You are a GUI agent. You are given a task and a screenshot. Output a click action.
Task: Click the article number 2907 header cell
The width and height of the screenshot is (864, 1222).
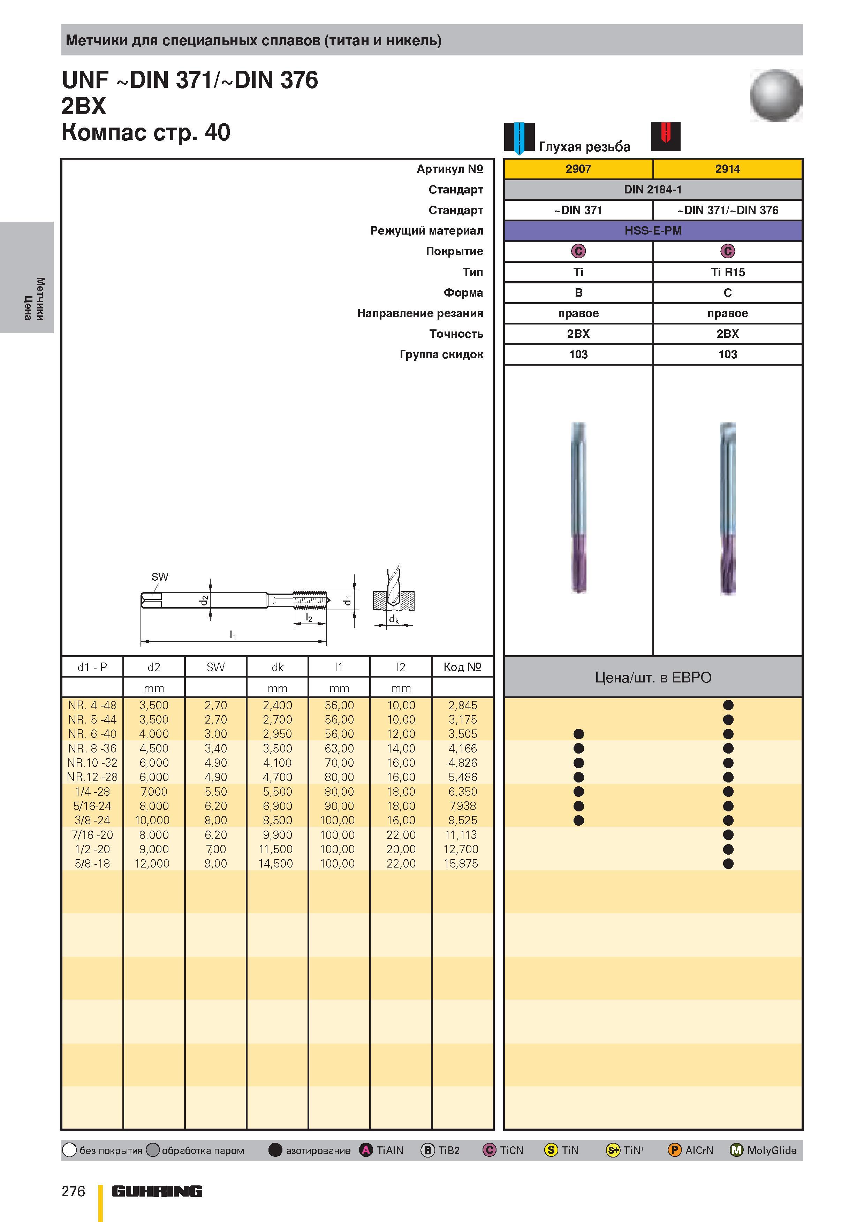coord(578,169)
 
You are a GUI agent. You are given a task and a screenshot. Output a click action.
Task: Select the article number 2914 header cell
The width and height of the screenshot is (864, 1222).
coord(728,169)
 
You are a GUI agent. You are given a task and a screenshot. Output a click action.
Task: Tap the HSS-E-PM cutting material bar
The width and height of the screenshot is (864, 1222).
coord(653,230)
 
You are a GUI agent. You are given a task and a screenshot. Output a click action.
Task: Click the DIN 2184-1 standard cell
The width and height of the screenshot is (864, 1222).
coord(653,190)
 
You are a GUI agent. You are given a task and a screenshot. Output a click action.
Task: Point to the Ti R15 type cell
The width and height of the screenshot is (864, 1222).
coord(728,272)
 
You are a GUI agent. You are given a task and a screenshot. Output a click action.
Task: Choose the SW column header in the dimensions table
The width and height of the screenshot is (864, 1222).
coord(215,667)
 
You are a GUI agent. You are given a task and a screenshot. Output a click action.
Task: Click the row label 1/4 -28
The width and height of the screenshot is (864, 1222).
coord(92,792)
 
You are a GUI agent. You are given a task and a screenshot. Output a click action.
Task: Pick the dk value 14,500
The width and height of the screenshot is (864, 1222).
coord(276,863)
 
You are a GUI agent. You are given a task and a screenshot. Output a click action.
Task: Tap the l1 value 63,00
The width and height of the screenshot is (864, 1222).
coord(339,748)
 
